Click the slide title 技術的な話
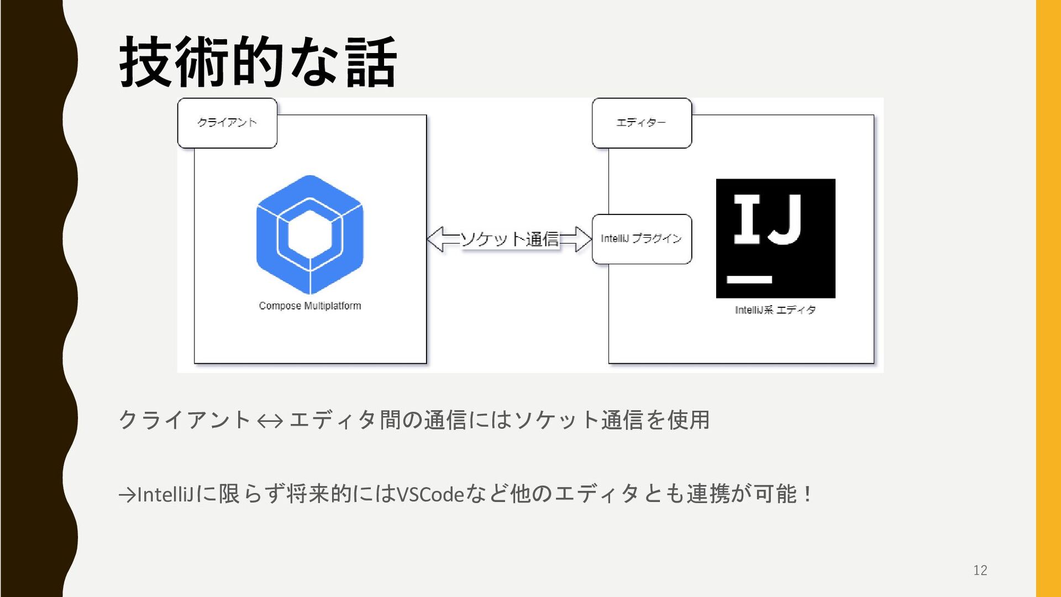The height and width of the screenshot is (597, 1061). [258, 62]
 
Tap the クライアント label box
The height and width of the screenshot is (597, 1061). [227, 123]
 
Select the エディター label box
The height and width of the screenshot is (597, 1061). [642, 123]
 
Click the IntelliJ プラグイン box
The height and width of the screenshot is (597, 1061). [642, 239]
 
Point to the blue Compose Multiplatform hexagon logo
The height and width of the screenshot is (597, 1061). [310, 234]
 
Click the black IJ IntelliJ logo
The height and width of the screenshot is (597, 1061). [775, 238]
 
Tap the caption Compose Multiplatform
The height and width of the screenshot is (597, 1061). [310, 306]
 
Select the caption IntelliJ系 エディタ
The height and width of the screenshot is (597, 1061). [775, 310]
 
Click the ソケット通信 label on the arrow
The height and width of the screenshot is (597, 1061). [510, 239]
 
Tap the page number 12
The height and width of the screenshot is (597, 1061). [980, 570]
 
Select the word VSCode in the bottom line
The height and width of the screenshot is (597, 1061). [430, 494]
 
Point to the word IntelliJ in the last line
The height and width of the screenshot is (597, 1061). [165, 494]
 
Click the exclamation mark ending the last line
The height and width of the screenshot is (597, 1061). [808, 494]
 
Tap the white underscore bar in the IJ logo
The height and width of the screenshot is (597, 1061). [749, 279]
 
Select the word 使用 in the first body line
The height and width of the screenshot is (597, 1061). [689, 420]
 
